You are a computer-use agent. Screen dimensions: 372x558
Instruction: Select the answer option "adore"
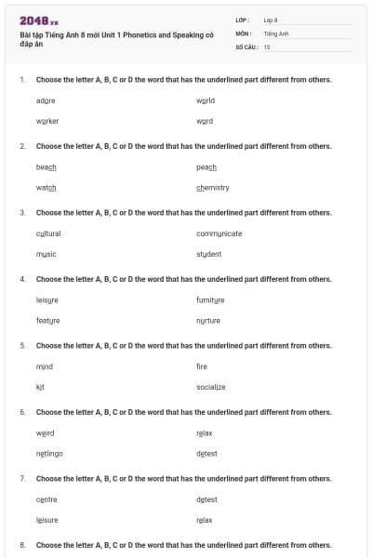pos(46,100)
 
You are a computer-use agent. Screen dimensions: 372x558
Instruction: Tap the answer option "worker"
pos(47,121)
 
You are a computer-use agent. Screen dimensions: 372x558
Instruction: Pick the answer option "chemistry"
pos(213,187)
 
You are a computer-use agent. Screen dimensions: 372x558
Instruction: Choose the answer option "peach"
pos(206,166)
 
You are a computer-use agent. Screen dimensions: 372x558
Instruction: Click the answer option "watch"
pos(46,187)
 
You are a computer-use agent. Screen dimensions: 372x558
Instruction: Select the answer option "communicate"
pos(219,232)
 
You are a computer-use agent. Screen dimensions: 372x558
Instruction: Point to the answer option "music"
pos(46,253)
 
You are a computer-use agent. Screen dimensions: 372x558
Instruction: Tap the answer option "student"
pos(209,253)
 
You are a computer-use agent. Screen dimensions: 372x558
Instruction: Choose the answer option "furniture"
pos(211,299)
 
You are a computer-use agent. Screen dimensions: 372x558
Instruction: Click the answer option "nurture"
pos(208,320)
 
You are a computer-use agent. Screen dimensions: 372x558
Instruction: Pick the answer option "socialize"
pos(211,386)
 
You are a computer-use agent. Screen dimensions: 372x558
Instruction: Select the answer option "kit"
pos(40,386)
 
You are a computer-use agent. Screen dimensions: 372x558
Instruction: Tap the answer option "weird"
pos(46,432)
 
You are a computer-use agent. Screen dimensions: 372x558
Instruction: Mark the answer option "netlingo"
pos(49,453)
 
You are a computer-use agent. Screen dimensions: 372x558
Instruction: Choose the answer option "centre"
pos(46,499)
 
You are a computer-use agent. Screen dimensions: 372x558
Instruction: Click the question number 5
pos(22,345)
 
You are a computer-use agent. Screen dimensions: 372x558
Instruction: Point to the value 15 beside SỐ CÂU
pos(267,46)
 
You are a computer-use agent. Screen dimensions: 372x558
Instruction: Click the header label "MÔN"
pos(244,33)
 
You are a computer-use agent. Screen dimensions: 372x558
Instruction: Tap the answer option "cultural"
pos(48,232)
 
